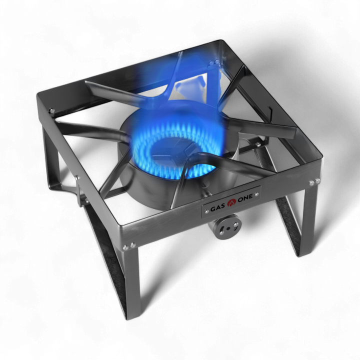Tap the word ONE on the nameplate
point(245,197)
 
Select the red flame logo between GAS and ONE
point(231,202)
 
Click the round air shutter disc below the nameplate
point(227,228)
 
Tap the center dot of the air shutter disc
point(227,228)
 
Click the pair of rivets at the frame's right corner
point(314,182)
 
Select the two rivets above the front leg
point(129,246)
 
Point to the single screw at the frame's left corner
point(52,110)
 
